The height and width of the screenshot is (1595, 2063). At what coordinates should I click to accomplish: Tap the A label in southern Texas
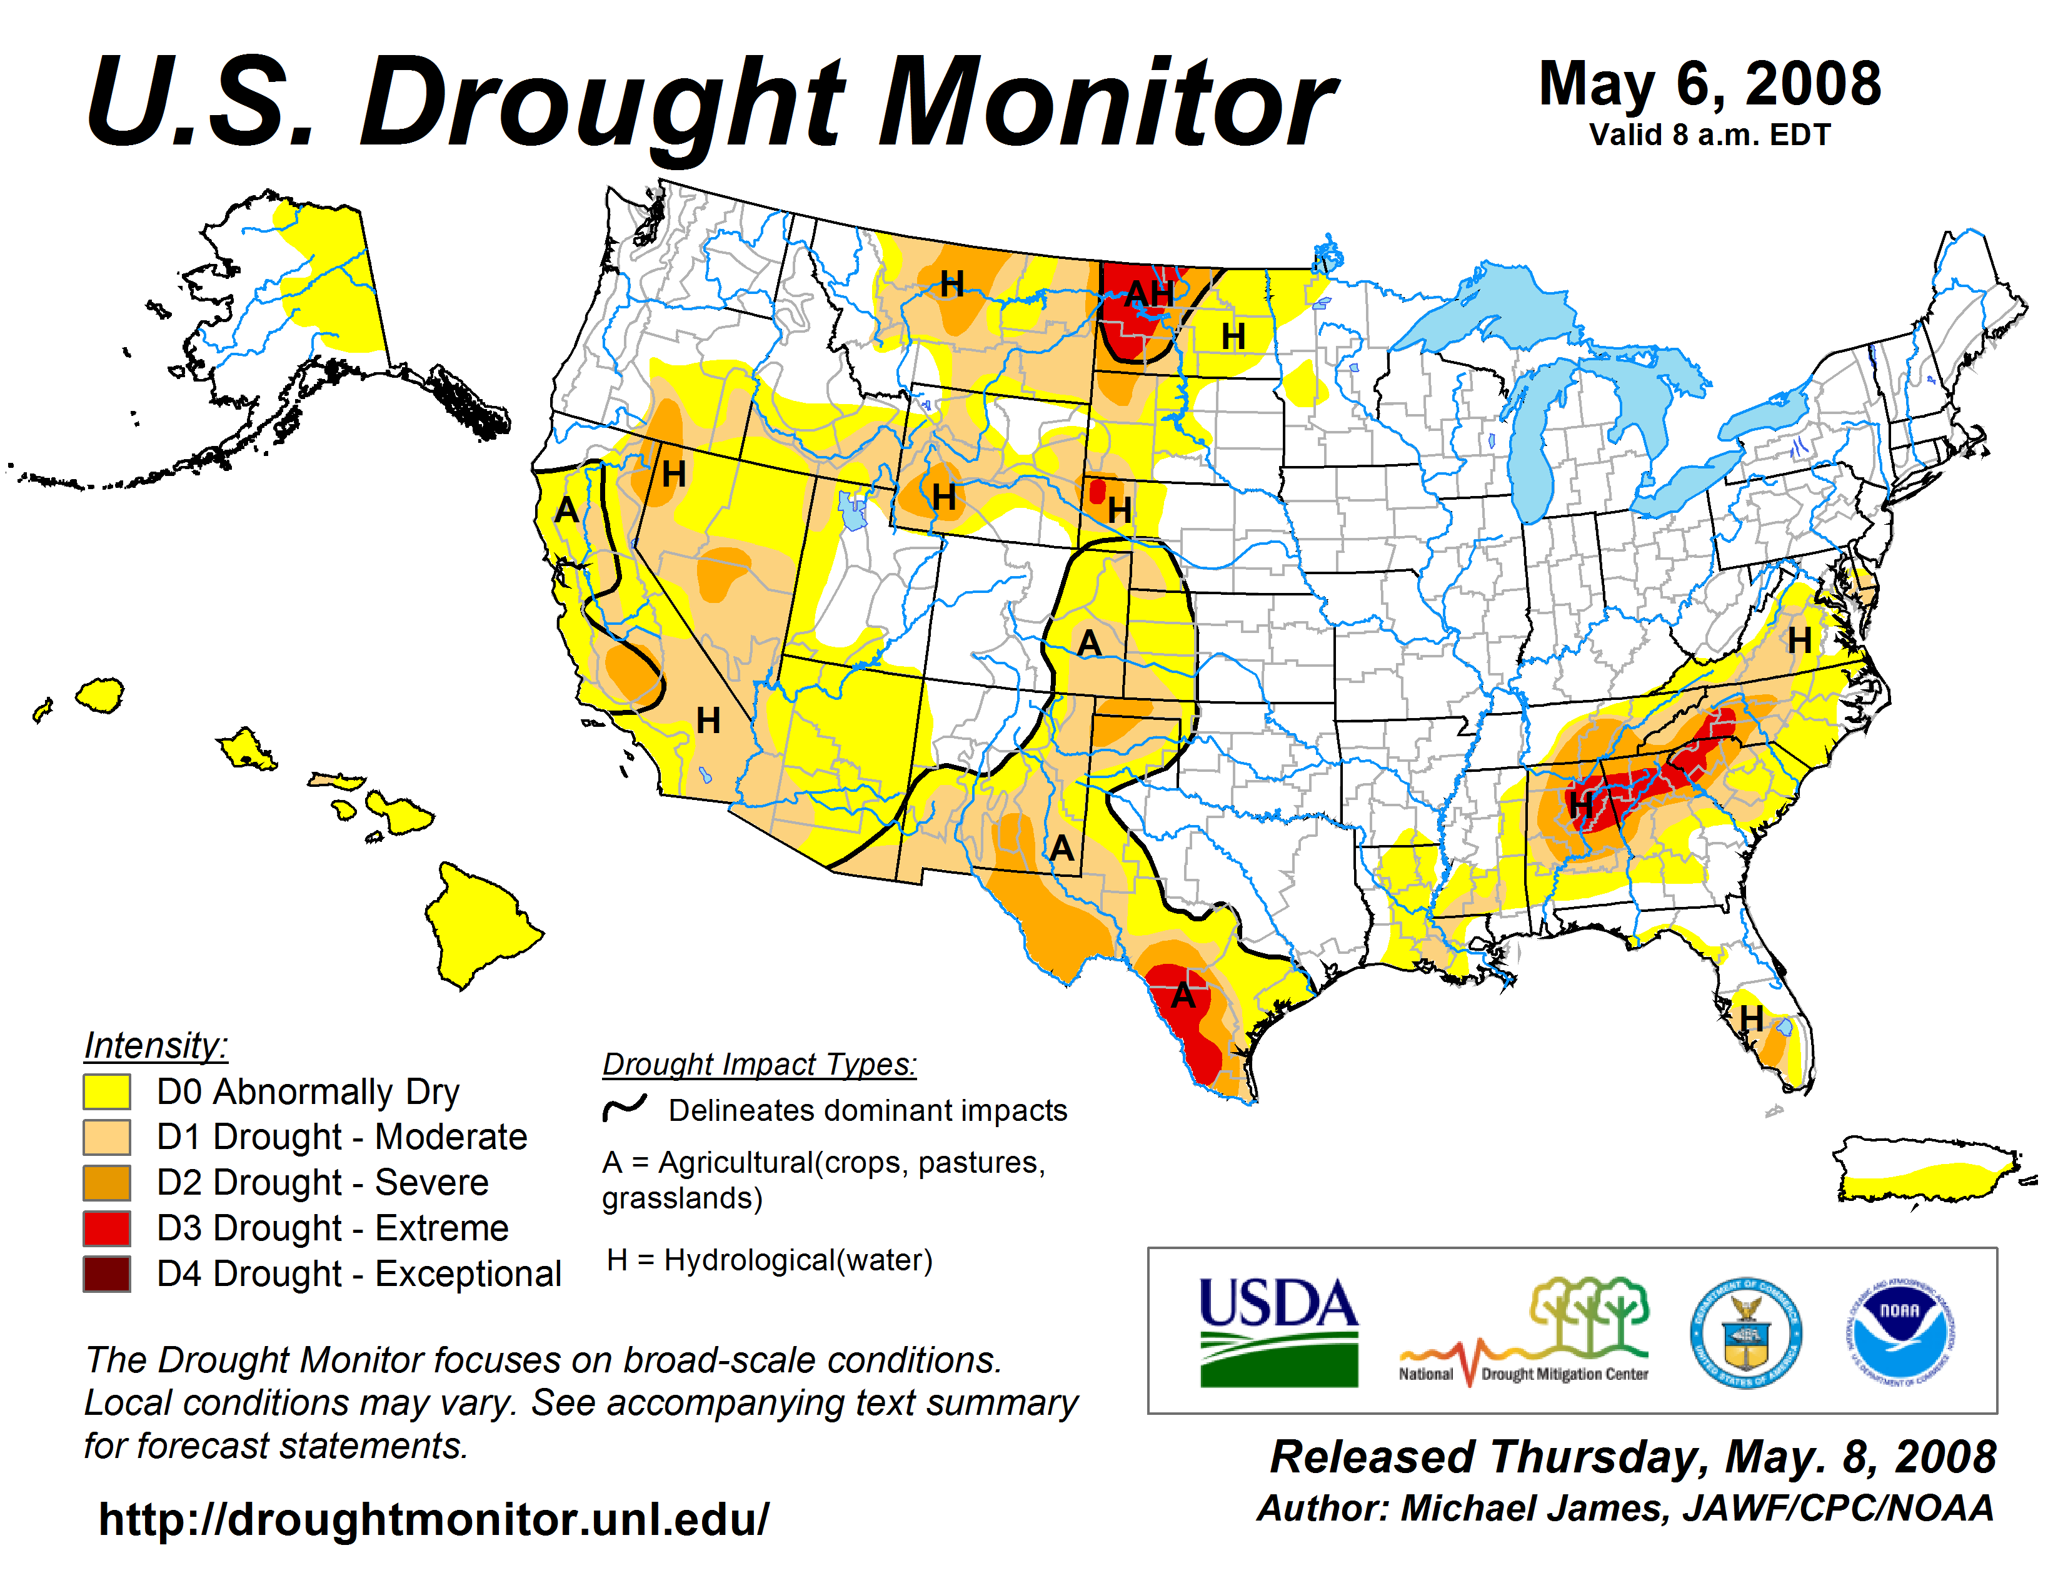pos(1183,996)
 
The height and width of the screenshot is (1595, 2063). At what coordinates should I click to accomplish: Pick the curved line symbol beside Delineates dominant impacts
pos(625,1107)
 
